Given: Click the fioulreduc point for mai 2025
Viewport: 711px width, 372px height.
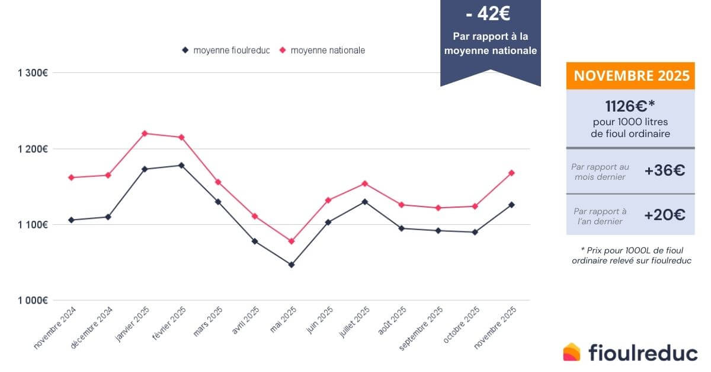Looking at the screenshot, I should click(x=291, y=265).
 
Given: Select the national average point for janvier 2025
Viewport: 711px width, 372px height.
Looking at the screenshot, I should click(x=145, y=133).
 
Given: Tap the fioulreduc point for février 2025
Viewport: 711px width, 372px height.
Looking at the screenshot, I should click(x=181, y=165).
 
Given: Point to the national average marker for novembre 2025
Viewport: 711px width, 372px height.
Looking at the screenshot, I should click(x=511, y=173).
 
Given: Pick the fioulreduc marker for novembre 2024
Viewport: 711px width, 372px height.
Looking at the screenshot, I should click(x=71, y=220).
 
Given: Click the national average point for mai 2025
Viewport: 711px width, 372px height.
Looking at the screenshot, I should click(x=291, y=241).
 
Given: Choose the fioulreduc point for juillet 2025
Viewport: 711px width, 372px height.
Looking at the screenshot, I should click(x=365, y=202).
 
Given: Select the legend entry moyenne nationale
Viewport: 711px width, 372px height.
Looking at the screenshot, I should click(x=328, y=50).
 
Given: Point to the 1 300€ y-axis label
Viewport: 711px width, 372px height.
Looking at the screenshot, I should click(x=33, y=73).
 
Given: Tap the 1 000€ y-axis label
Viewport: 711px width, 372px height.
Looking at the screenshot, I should click(x=33, y=300).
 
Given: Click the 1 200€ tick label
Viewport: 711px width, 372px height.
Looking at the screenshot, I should click(x=33, y=148).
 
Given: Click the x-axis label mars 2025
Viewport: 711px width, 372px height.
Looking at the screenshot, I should click(x=208, y=321).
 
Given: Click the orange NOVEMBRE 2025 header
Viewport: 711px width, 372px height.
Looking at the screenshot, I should click(x=630, y=76).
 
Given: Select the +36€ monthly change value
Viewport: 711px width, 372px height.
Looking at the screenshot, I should click(x=664, y=171).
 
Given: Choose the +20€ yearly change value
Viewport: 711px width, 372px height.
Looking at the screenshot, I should click(x=664, y=215).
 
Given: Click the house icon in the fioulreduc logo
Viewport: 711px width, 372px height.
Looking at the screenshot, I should click(x=572, y=352).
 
